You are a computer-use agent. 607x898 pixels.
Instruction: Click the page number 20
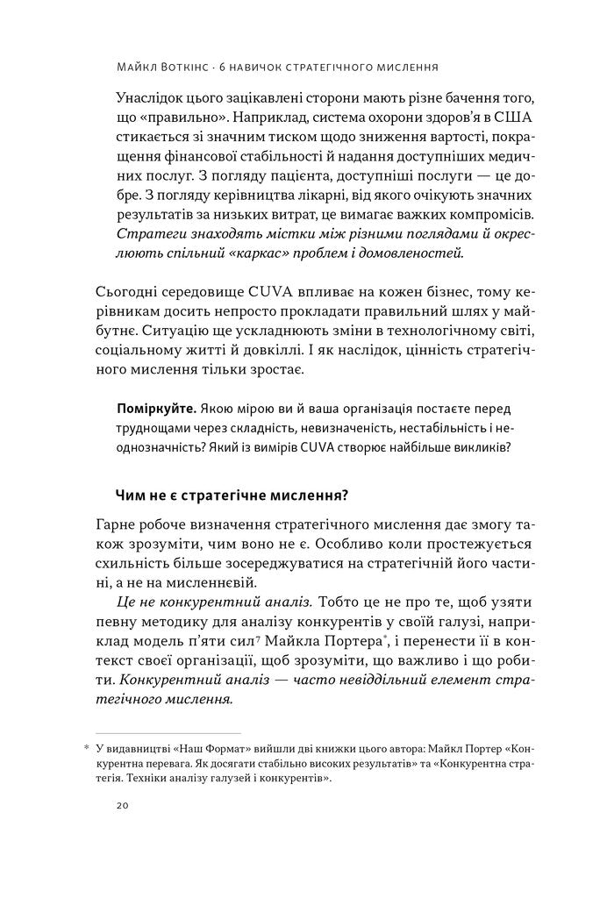point(122,806)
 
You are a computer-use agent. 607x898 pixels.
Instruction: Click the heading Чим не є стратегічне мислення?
point(232,495)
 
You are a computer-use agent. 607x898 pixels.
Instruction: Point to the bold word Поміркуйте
point(156,410)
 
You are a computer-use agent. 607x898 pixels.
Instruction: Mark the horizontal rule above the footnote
point(168,733)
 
